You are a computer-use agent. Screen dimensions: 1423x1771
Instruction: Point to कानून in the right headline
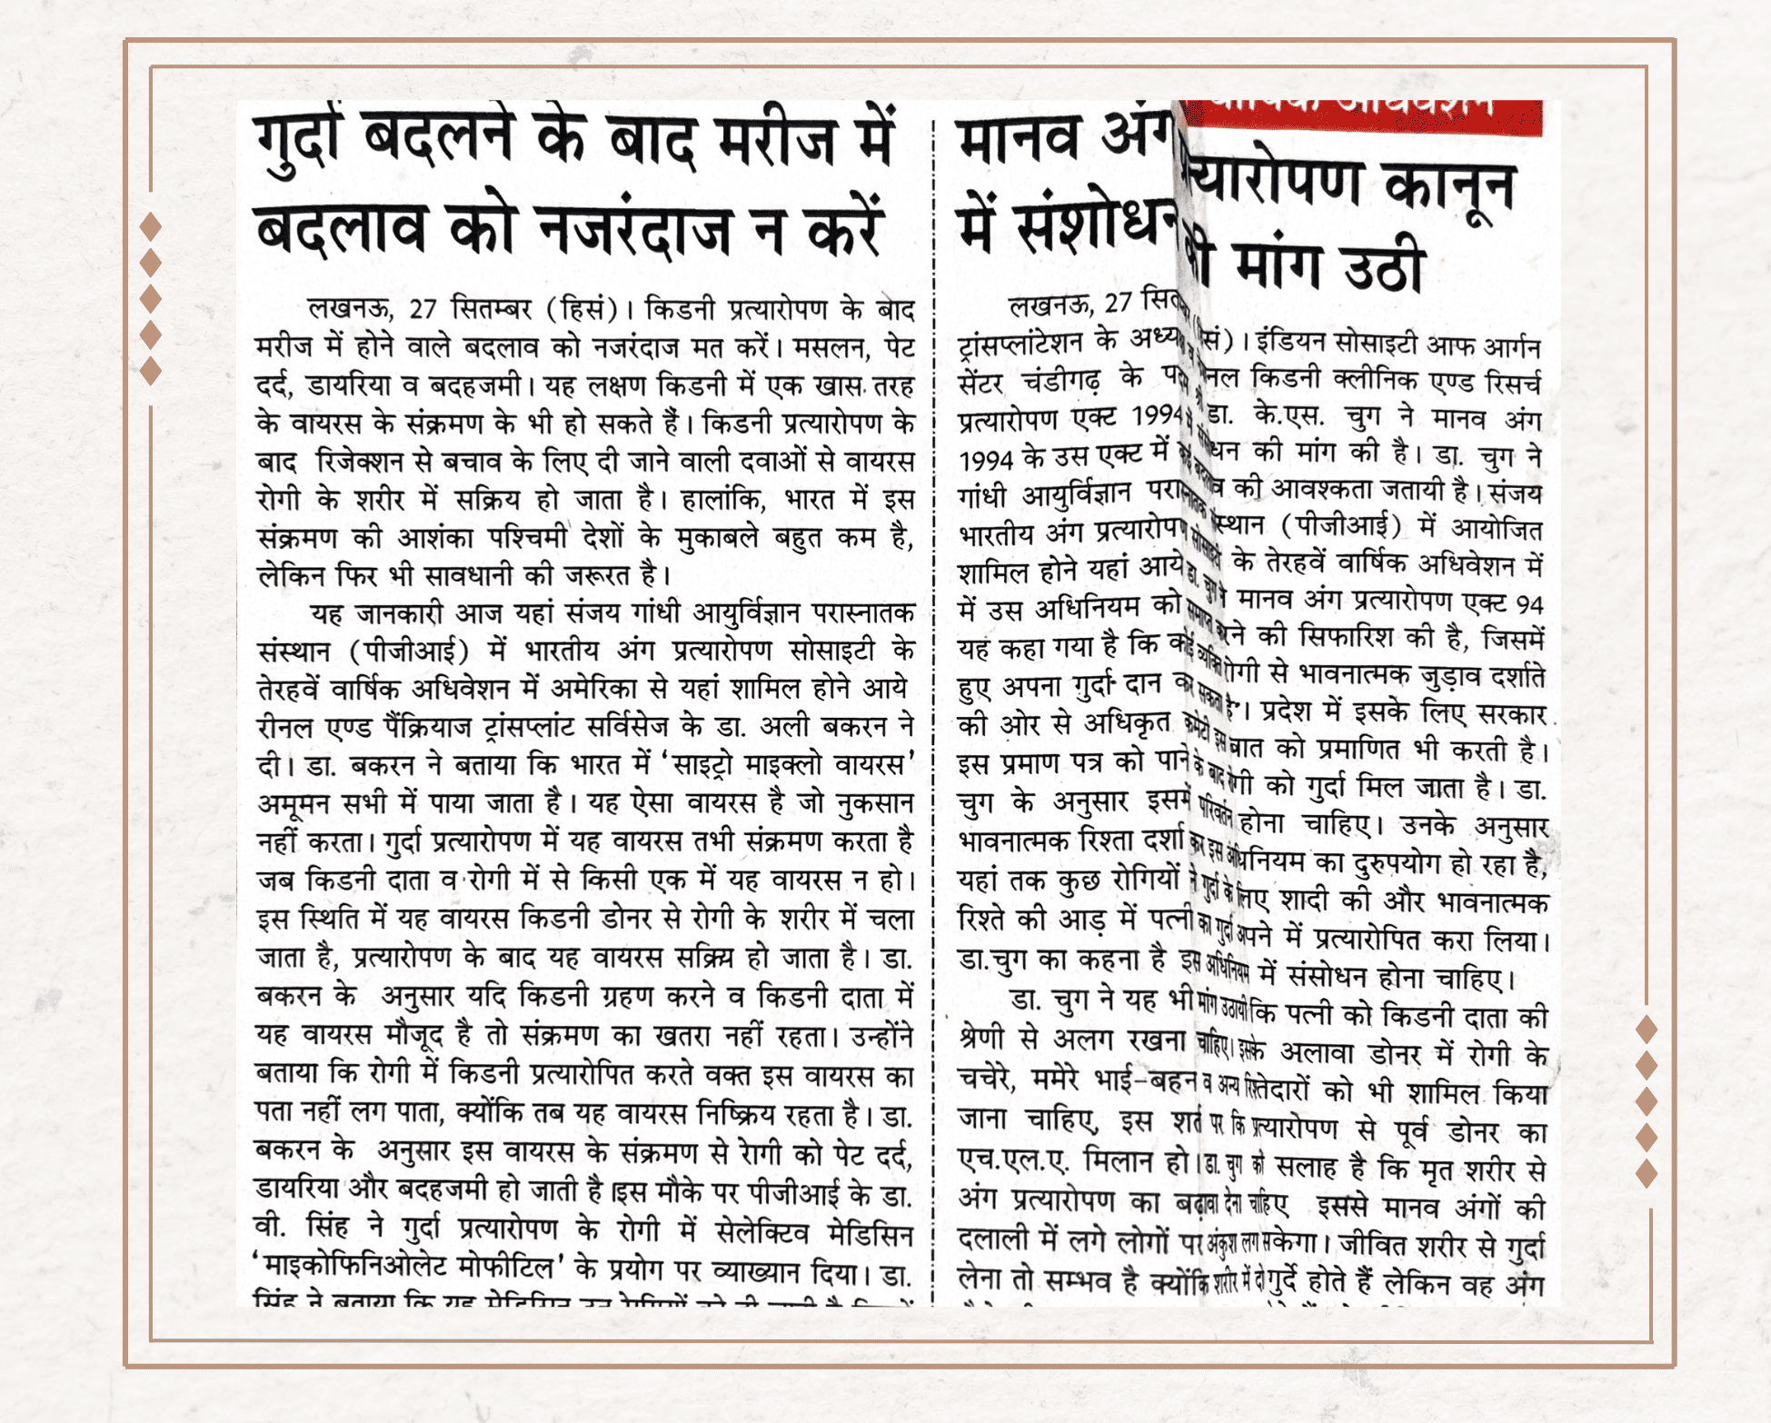[x=1450, y=187]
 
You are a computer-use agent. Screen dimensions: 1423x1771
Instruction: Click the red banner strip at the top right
[x=1363, y=116]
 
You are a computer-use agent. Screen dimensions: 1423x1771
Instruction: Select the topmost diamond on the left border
[x=151, y=225]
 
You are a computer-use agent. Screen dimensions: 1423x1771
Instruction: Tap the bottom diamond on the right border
[x=1647, y=1173]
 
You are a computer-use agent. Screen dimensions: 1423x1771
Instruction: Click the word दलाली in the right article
[x=992, y=1239]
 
